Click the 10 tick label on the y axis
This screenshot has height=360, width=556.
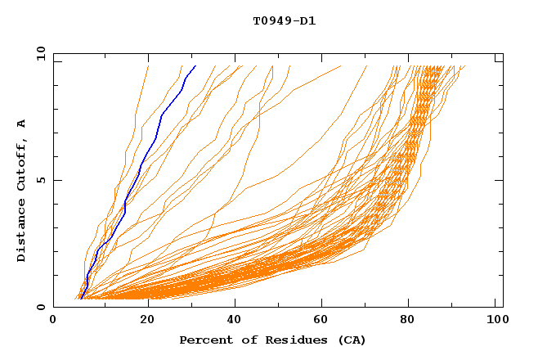[40, 53]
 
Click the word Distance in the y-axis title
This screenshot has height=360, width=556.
[22, 232]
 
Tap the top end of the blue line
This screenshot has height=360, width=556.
[195, 66]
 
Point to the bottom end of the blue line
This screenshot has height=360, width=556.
[81, 299]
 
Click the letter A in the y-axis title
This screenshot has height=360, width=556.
[22, 124]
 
